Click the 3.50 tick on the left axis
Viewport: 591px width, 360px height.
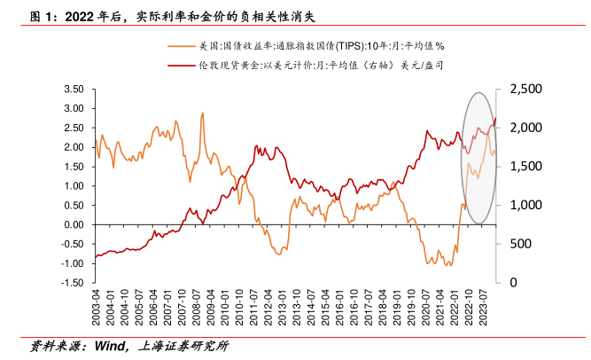73,90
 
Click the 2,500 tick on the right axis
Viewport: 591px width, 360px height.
523,90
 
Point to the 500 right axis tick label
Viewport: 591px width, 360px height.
517,244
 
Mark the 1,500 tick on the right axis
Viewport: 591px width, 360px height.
523,167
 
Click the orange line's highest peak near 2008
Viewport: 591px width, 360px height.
203,113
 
